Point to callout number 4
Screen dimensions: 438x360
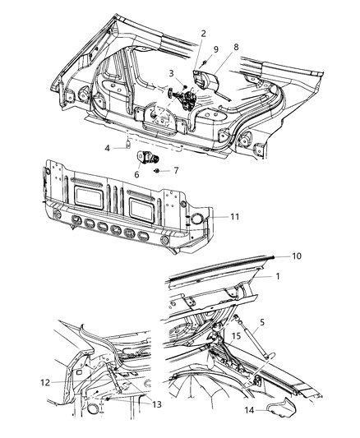tap(108, 148)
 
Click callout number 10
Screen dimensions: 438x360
tap(295, 256)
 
